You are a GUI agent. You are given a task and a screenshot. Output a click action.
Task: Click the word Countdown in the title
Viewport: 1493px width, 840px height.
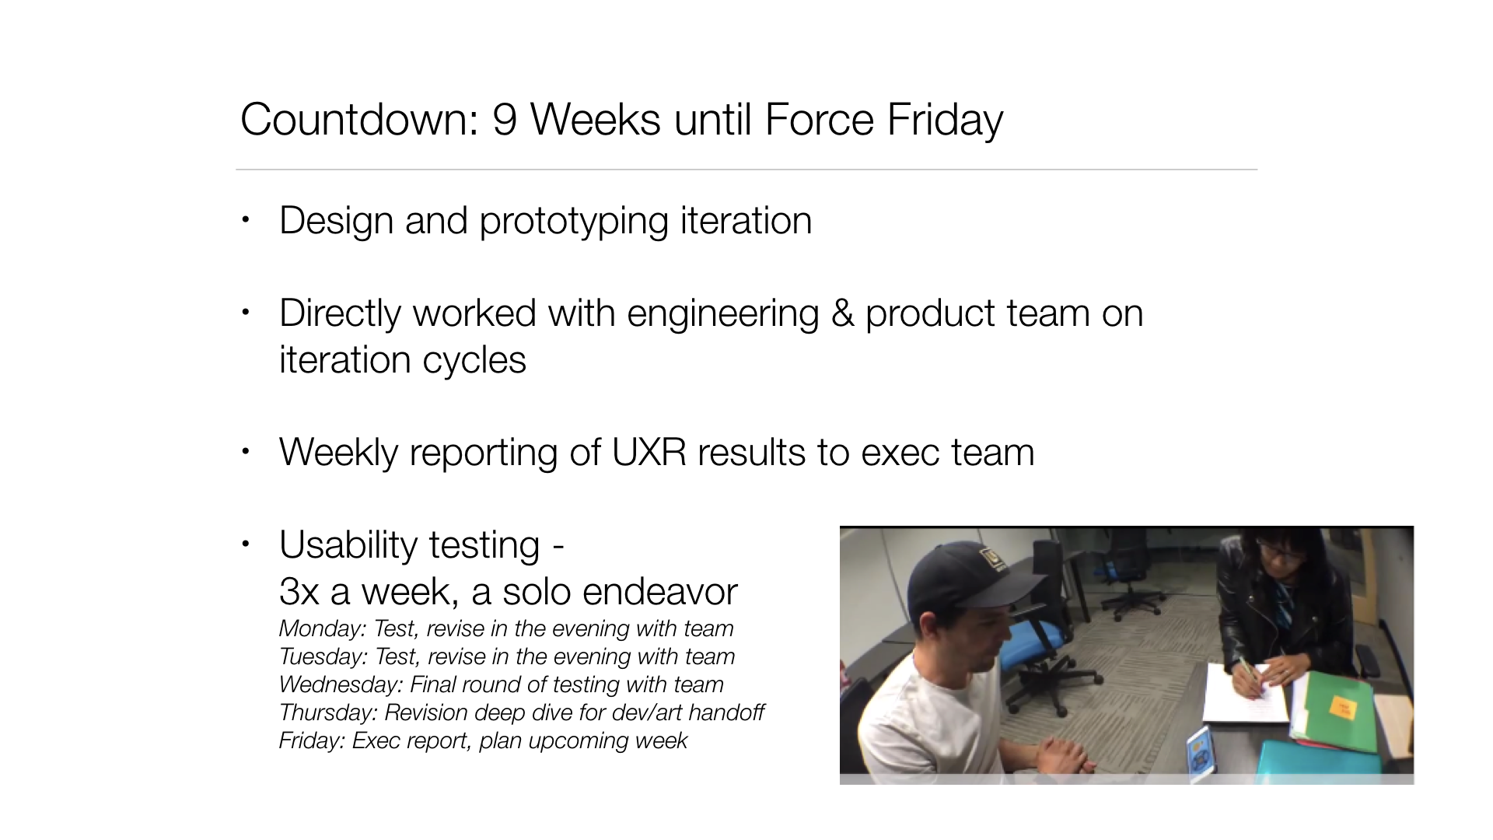[359, 120]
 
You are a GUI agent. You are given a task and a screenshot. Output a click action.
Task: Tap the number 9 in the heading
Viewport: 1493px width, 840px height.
[505, 120]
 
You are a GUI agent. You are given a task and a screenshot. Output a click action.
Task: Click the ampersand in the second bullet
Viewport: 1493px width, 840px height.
[842, 313]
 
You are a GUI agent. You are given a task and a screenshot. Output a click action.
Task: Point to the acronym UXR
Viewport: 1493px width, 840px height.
[649, 453]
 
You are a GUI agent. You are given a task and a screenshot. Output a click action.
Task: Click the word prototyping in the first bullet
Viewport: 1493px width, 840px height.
[574, 222]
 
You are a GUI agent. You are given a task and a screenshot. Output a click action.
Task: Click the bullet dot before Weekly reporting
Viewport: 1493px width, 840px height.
[246, 451]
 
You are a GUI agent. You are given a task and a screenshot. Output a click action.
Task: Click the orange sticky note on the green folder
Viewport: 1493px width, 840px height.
[1343, 707]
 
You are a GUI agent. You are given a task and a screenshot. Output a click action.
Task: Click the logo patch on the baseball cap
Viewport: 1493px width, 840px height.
[994, 556]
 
